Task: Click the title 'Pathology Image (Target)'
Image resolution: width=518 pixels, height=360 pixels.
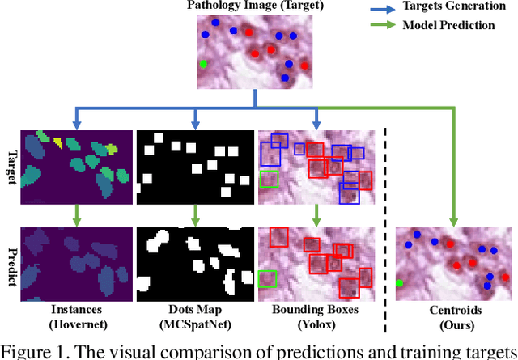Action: [x=255, y=6]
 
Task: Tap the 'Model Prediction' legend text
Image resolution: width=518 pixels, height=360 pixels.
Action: [x=448, y=25]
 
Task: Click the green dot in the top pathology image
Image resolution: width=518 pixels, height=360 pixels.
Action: [x=203, y=64]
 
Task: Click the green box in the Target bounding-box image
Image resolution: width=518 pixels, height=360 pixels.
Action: [x=268, y=178]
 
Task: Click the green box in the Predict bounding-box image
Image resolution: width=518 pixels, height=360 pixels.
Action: [x=266, y=279]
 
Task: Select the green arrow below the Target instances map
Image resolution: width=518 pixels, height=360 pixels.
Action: [x=76, y=215]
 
